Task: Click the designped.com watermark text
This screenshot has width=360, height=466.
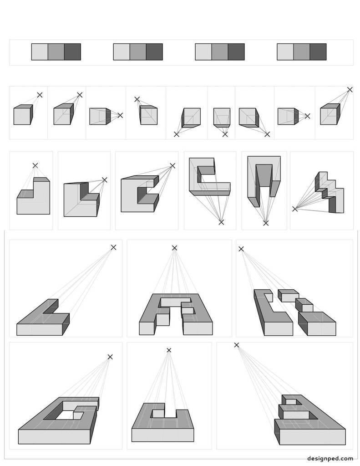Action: coord(330,458)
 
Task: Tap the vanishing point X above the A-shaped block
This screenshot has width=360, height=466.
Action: coord(174,248)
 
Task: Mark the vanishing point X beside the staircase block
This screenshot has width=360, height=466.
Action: coord(295,209)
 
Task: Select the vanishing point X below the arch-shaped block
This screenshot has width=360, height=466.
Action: coord(266,223)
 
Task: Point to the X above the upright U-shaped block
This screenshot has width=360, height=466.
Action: coord(169,350)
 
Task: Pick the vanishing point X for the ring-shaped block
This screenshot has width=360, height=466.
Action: coord(110,357)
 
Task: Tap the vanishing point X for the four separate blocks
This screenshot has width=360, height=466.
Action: coord(241,249)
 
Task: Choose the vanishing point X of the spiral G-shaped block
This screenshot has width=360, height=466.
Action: coord(237,345)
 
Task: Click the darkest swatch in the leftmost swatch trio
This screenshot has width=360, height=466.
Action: coord(72,51)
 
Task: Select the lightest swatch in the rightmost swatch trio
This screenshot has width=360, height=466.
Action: coord(285,51)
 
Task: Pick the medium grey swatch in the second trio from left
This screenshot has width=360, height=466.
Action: coord(138,51)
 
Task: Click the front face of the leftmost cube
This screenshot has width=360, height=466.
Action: coord(22,116)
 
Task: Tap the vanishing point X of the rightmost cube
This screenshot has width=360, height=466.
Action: coord(350,90)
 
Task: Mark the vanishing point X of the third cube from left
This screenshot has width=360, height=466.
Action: coord(120,115)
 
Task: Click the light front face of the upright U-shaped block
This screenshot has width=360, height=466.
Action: coord(162,435)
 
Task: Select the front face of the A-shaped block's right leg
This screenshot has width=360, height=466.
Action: coord(198,328)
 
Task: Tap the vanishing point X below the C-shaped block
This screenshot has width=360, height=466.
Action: coord(221,222)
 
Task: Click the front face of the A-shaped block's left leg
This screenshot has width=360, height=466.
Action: coord(145,328)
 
